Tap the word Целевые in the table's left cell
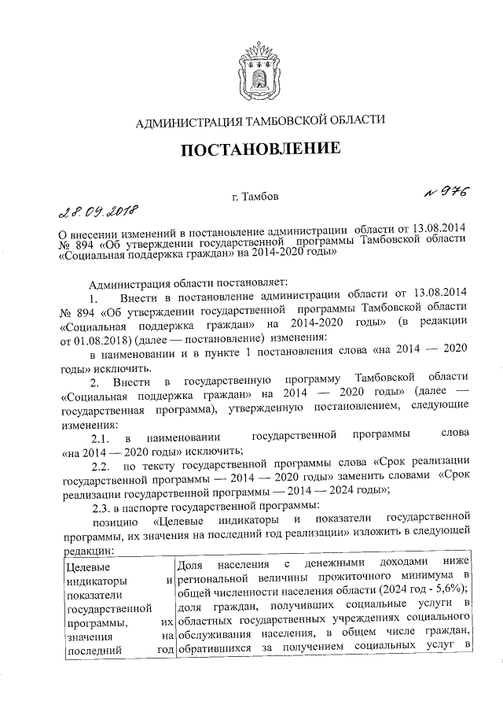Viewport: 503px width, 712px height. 87,566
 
